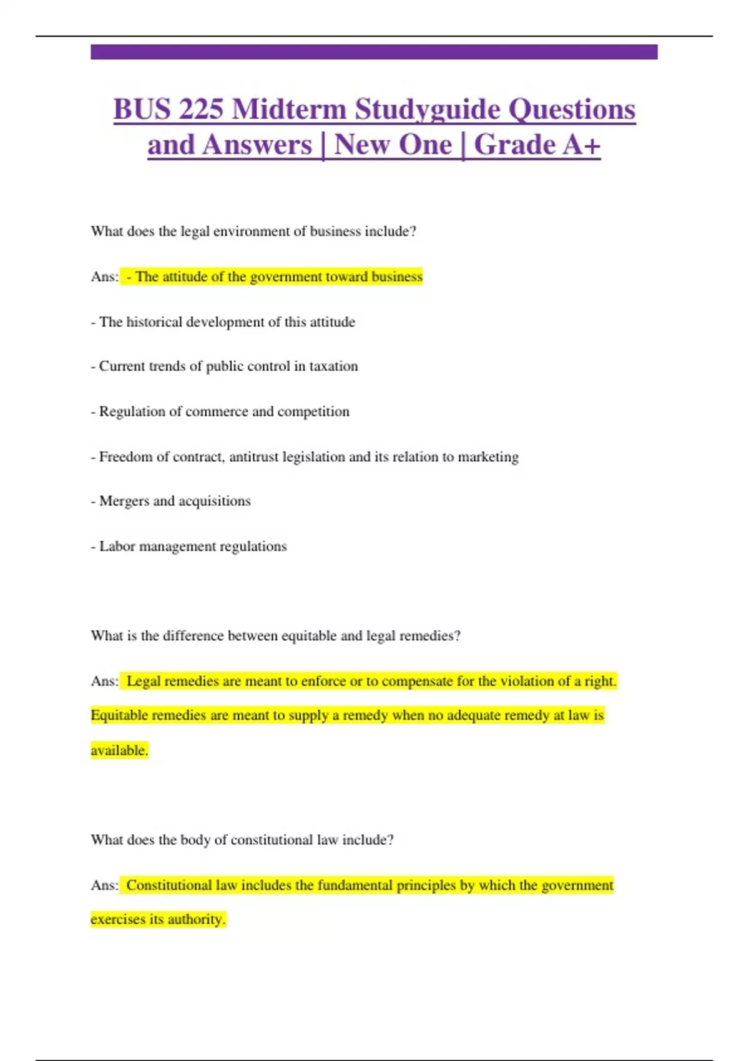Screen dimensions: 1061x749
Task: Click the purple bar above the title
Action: point(374,52)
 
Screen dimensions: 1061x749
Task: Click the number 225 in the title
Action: point(201,109)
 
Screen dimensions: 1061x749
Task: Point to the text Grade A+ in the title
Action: point(537,145)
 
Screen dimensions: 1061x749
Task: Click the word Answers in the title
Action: point(257,145)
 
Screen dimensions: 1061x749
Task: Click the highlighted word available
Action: point(119,750)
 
